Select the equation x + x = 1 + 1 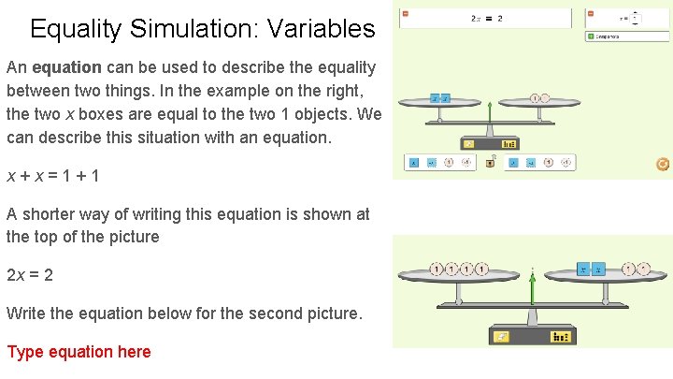[54, 175]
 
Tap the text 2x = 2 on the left [30, 275]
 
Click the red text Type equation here [79, 352]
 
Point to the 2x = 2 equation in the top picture [486, 18]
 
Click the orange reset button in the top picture [663, 164]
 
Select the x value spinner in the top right [636, 17]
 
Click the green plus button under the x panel [591, 36]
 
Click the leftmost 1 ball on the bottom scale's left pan [437, 270]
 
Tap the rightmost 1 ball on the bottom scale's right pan [644, 270]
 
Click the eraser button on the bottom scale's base [503, 337]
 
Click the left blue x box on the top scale [435, 98]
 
